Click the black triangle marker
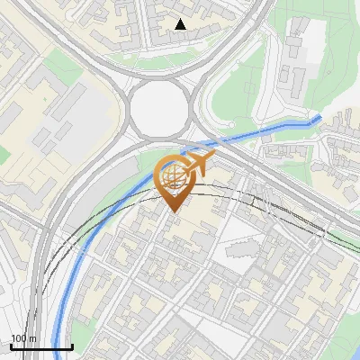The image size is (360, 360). tap(181, 24)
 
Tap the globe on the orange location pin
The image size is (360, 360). tap(174, 176)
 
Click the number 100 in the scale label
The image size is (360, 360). tap(18, 338)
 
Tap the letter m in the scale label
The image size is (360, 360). tap(32, 338)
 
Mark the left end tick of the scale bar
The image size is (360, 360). tap(10, 346)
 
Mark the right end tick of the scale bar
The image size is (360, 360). tap(72, 346)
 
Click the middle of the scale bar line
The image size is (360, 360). tap(40, 347)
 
